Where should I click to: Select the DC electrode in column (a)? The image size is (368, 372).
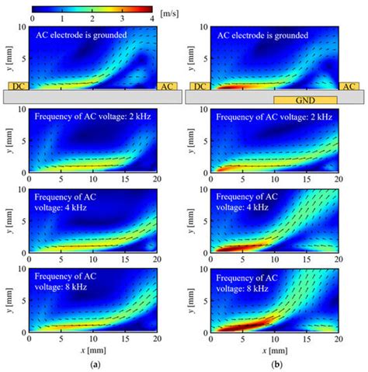18,85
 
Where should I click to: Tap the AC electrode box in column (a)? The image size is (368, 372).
167,85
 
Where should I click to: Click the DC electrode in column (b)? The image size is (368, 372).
199,85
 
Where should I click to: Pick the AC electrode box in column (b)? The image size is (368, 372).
349,85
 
